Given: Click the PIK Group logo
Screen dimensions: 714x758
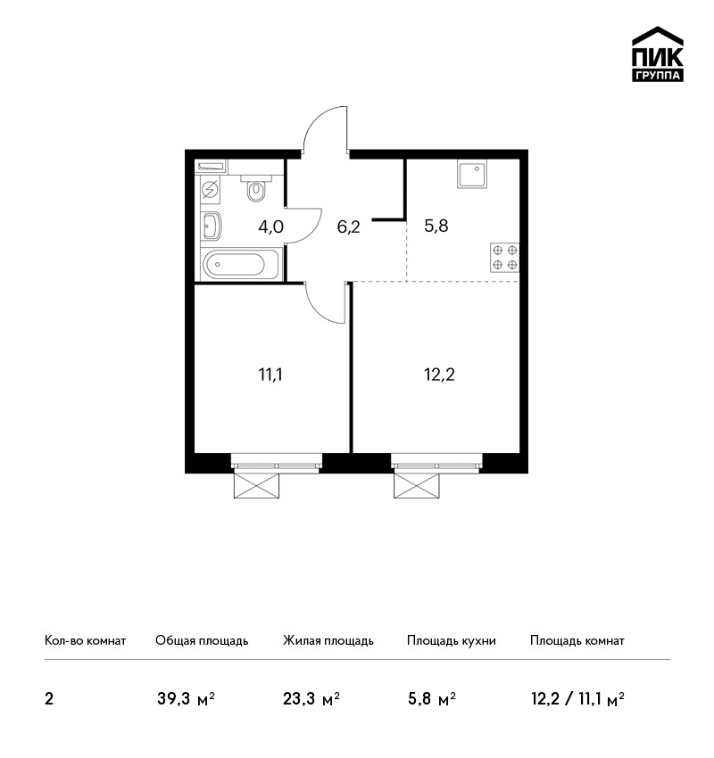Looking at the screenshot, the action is tap(658, 54).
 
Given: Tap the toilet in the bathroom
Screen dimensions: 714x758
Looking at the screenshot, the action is tap(256, 187).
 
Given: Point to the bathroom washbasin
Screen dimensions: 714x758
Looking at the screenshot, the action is tap(211, 227).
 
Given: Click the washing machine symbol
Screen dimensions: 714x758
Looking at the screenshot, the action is tap(211, 189).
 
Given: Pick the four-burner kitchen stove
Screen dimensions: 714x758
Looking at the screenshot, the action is tap(504, 258).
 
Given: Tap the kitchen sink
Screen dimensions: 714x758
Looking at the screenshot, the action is tap(471, 175).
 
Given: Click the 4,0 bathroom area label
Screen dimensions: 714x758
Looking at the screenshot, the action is tap(270, 227).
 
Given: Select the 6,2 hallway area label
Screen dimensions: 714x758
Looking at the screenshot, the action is tap(348, 227).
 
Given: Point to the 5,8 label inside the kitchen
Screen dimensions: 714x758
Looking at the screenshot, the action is tap(436, 226).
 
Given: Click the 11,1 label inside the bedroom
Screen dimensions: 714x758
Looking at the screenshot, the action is tap(270, 375).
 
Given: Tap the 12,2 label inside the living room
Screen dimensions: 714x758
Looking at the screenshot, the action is tap(439, 375).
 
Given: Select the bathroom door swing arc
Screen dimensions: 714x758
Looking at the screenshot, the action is tap(312, 234).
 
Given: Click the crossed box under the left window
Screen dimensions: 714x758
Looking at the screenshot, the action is tap(256, 486).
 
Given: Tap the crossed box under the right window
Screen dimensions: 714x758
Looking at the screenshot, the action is tap(417, 486).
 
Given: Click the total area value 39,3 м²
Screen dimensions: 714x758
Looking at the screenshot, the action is tap(186, 699).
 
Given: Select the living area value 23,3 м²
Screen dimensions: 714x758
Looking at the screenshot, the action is tap(311, 699).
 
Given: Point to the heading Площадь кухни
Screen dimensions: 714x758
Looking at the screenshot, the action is tap(452, 640).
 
